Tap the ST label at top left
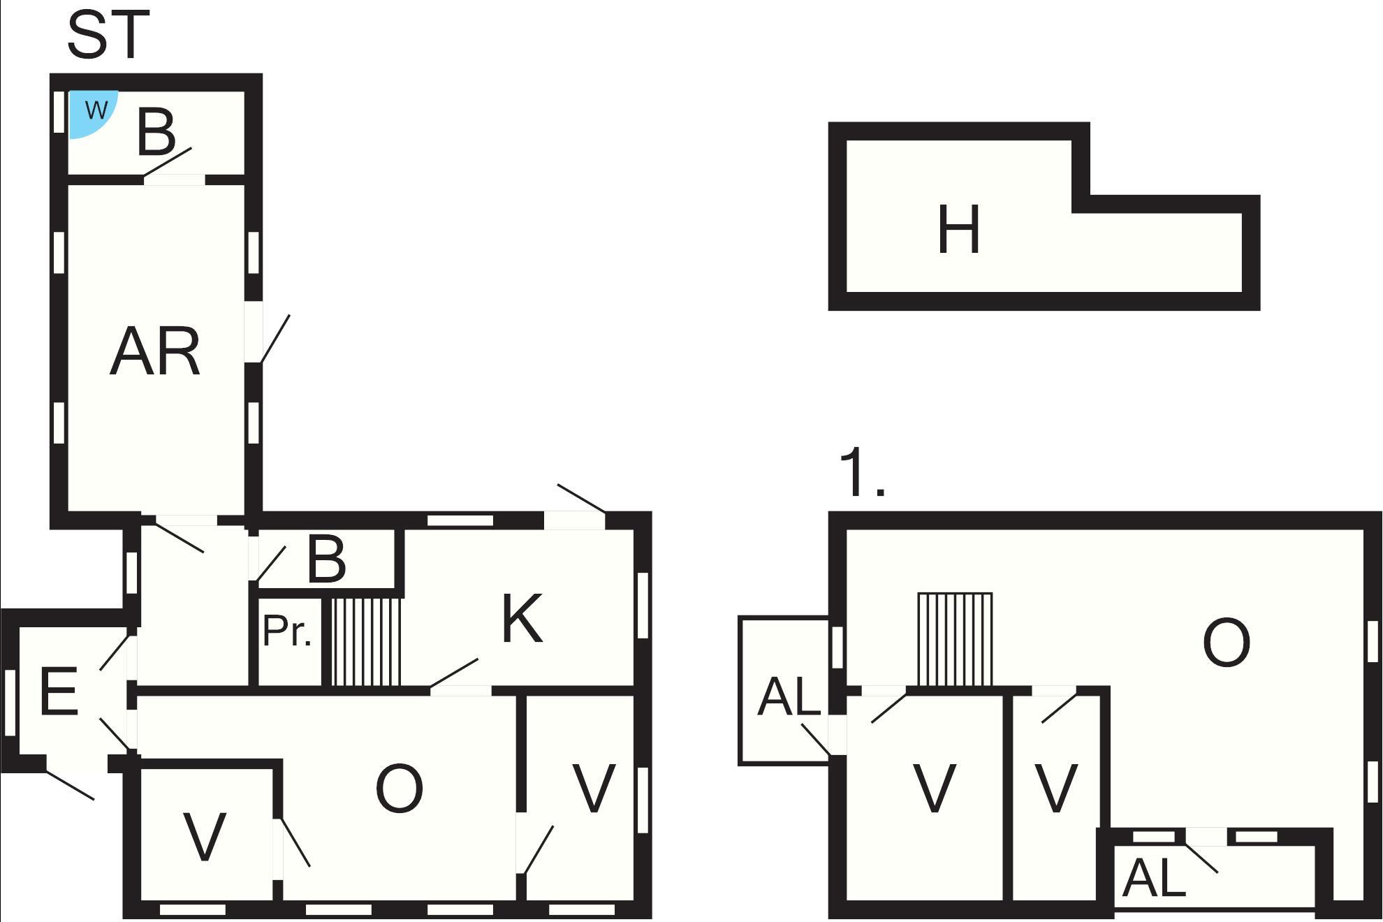pyautogui.click(x=108, y=35)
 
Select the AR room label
pyautogui.click(x=155, y=352)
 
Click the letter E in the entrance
pyautogui.click(x=58, y=691)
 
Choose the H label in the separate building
pyautogui.click(x=958, y=229)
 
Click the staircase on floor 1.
pyautogui.click(x=954, y=639)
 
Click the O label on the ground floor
pyautogui.click(x=400, y=789)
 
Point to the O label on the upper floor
pyautogui.click(x=1227, y=643)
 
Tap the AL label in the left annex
pyautogui.click(x=789, y=696)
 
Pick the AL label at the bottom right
pyautogui.click(x=1153, y=878)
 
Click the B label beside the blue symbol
pyautogui.click(x=156, y=132)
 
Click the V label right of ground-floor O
pyautogui.click(x=594, y=788)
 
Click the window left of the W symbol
pyautogui.click(x=59, y=112)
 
